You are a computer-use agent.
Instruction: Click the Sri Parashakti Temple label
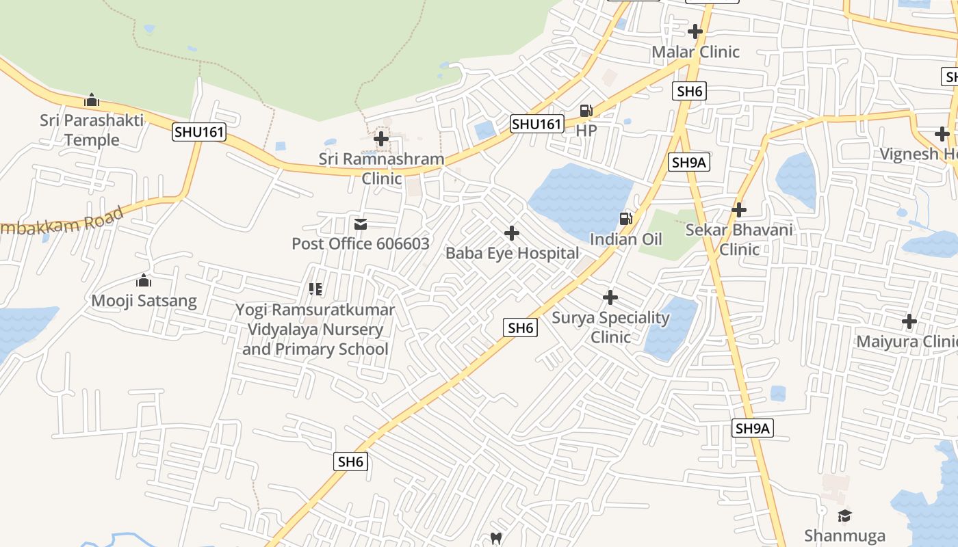pos(92,130)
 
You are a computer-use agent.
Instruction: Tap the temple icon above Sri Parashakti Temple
pos(92,101)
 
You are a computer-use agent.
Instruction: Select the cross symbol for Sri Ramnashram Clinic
pos(381,139)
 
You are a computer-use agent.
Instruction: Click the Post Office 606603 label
pos(361,243)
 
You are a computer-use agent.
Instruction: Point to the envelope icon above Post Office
pos(361,224)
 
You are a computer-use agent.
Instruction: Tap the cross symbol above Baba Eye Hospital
pos(511,234)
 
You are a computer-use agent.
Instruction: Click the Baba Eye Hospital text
pos(512,253)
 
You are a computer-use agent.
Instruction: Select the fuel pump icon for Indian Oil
pos(625,219)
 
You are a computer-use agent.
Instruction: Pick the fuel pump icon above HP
pos(586,110)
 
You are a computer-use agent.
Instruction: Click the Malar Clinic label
pos(695,52)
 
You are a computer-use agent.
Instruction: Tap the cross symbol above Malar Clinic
pos(695,31)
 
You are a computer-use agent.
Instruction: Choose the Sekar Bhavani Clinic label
pos(739,239)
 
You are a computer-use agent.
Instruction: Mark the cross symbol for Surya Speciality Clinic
pos(610,297)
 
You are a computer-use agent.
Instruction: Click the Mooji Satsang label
pos(144,301)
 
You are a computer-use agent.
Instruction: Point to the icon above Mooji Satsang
pos(144,280)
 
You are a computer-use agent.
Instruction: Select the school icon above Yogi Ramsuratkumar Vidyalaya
pos(315,289)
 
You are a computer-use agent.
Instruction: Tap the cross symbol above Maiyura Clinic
pos(909,321)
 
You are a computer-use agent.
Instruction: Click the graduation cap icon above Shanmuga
pos(845,516)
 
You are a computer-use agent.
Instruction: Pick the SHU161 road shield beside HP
pos(537,124)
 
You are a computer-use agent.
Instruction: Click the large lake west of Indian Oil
pos(578,198)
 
